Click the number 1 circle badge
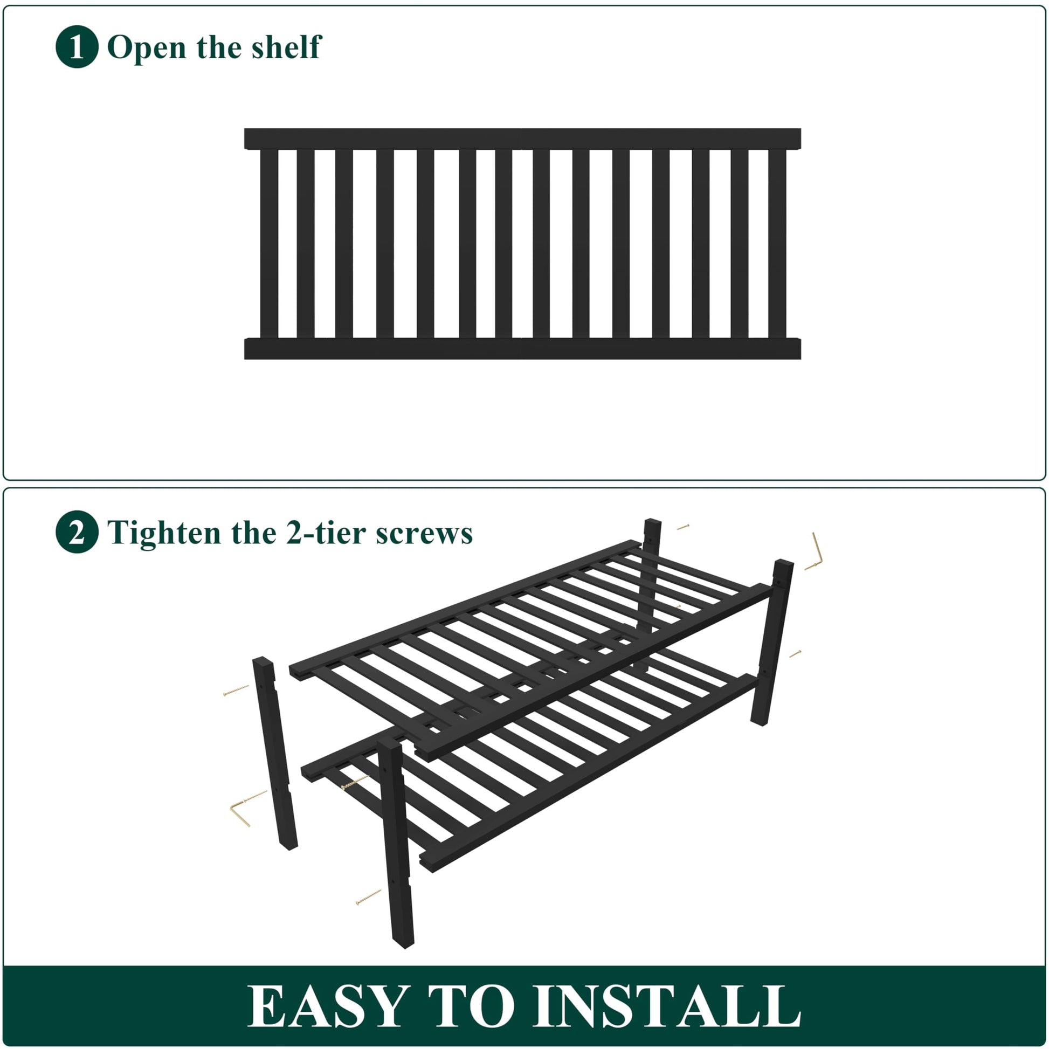click(77, 47)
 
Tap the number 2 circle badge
click(77, 532)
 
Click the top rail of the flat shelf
click(522, 139)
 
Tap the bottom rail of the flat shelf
click(522, 349)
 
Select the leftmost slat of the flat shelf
click(270, 243)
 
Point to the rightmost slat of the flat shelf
click(777, 243)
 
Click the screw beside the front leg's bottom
click(369, 896)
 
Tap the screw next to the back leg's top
click(683, 527)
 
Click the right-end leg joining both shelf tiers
click(772, 643)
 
